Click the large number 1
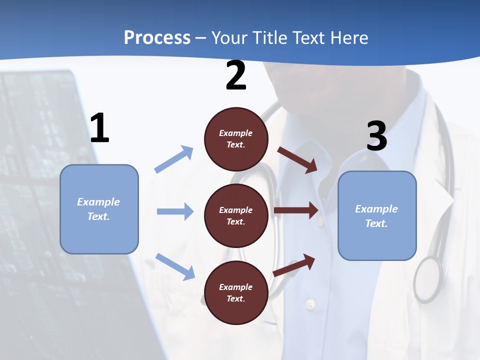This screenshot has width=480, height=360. click(x=99, y=128)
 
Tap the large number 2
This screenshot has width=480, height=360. click(x=236, y=76)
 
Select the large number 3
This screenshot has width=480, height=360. click(x=376, y=137)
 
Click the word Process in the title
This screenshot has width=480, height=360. click(x=157, y=37)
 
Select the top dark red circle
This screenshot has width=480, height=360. click(x=236, y=139)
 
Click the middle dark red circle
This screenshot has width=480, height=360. click(x=236, y=215)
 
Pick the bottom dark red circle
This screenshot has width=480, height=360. click(x=236, y=292)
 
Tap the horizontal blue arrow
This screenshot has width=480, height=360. click(x=175, y=211)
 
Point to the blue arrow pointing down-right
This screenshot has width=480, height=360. click(x=175, y=266)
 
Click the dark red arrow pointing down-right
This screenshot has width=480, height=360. click(x=297, y=159)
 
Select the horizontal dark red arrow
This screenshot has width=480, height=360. click(x=296, y=210)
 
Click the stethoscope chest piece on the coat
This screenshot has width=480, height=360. click(x=428, y=278)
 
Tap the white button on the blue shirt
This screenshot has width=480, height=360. click(x=310, y=303)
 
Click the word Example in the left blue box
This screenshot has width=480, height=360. click(x=98, y=202)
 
